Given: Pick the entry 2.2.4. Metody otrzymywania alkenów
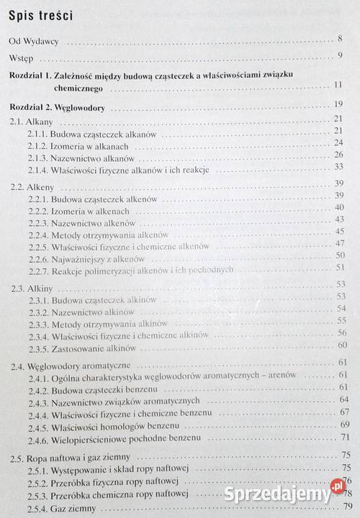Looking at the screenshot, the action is [x=96, y=235].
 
